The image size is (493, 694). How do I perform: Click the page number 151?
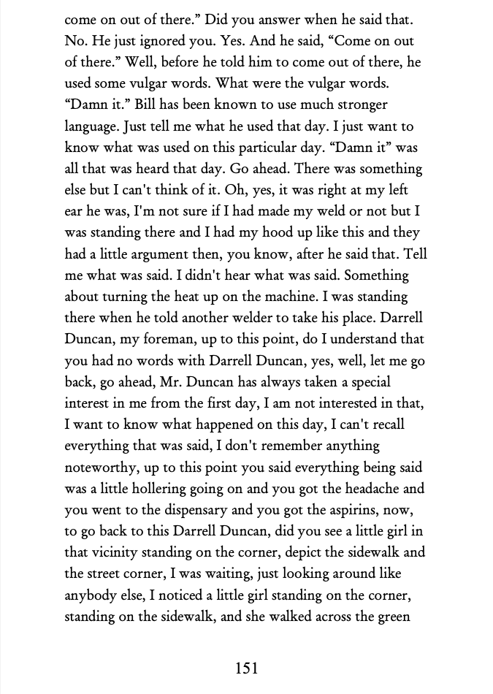(246, 667)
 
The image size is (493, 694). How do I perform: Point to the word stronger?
(359, 105)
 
